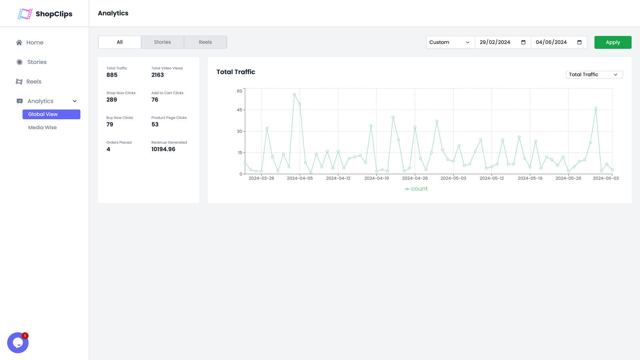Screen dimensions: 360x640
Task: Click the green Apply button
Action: (x=612, y=42)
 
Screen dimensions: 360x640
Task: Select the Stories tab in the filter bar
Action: (x=162, y=42)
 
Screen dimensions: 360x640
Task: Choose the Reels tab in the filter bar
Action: (x=205, y=42)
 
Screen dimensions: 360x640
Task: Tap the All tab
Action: (x=120, y=42)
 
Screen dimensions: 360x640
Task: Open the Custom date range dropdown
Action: (x=450, y=42)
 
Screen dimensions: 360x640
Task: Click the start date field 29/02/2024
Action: (x=495, y=42)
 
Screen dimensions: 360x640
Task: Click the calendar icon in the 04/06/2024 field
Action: (x=579, y=42)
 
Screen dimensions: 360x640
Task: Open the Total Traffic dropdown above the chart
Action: (x=594, y=75)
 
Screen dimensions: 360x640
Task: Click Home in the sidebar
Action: (x=34, y=42)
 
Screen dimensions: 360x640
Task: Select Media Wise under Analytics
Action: (x=42, y=128)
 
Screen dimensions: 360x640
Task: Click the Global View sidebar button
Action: (x=51, y=114)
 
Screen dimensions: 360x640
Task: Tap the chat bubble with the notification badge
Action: (x=18, y=343)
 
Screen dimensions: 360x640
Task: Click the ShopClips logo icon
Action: (x=25, y=14)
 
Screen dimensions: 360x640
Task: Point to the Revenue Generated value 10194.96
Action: (x=163, y=149)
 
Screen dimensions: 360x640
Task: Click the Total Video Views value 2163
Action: (x=158, y=75)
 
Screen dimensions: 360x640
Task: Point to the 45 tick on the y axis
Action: (x=239, y=110)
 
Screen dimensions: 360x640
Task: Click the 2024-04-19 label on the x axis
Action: (x=376, y=178)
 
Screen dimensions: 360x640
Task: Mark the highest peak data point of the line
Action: (x=294, y=95)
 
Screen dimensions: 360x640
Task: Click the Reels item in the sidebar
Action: (x=34, y=82)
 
